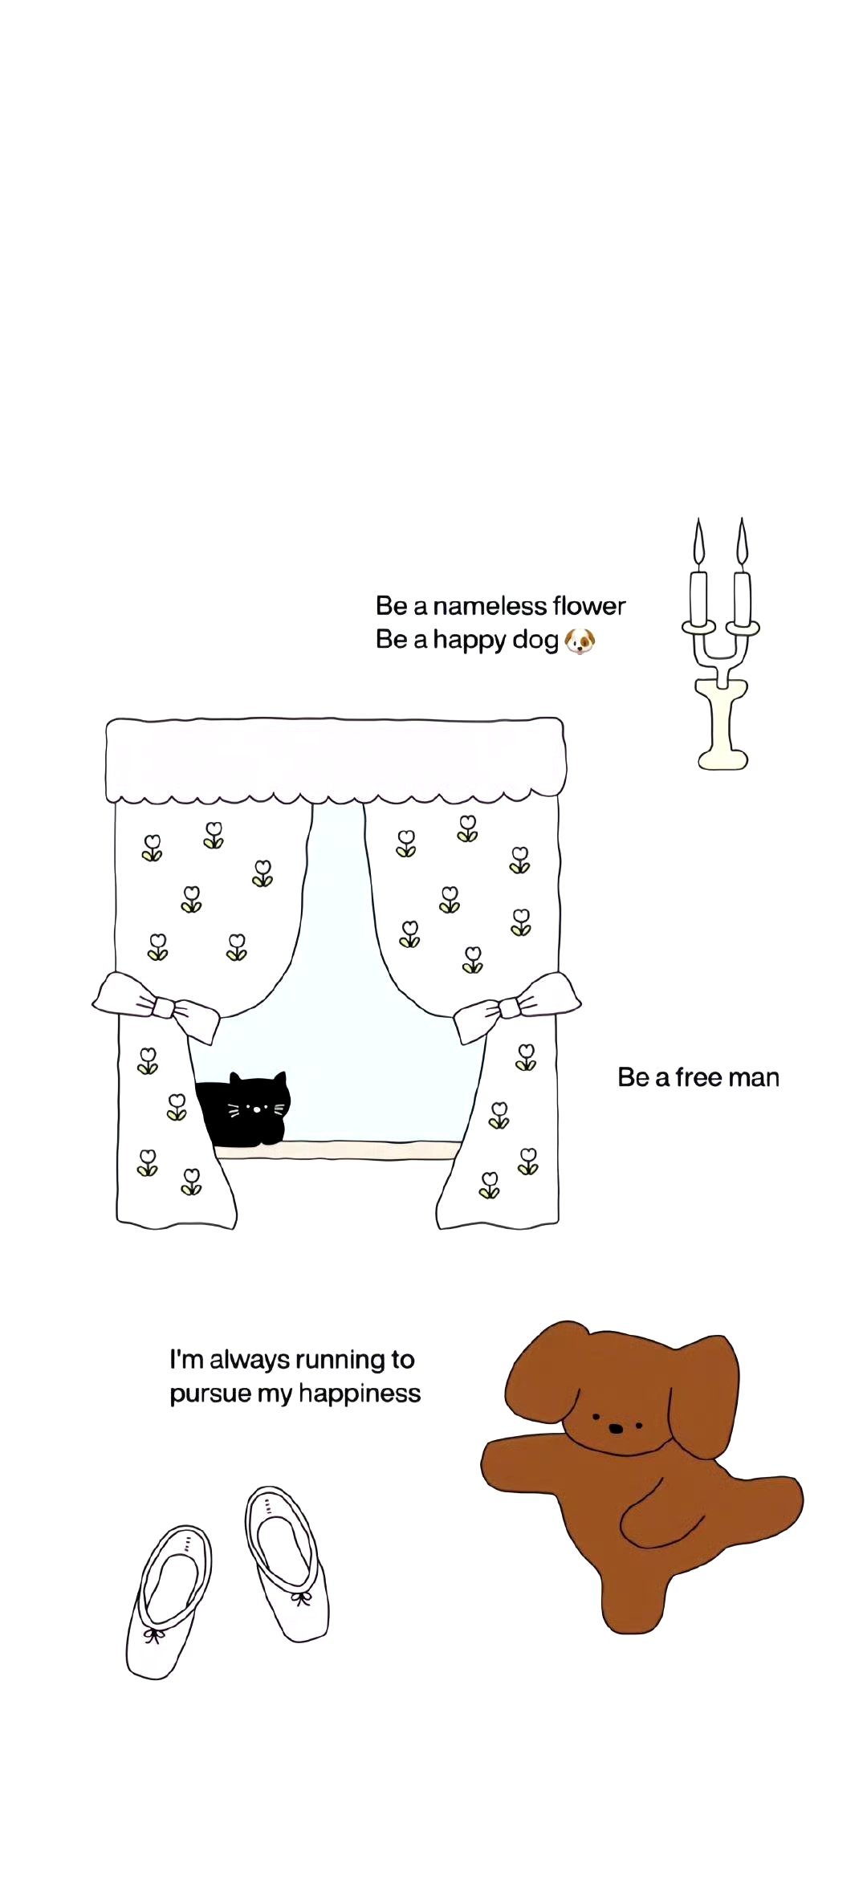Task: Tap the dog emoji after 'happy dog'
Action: [x=580, y=641]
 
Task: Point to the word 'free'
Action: [x=698, y=1077]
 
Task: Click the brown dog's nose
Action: [x=615, y=1429]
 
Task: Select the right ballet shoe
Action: [x=287, y=1561]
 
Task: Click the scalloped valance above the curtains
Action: [x=336, y=759]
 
